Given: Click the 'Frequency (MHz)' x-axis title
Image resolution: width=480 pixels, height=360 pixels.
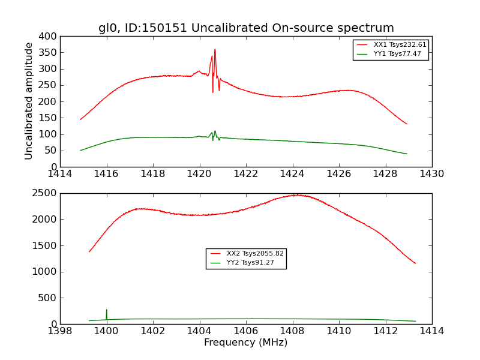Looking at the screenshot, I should pyautogui.click(x=246, y=343).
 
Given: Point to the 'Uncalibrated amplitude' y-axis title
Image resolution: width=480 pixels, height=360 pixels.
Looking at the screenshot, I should pyautogui.click(x=29, y=101).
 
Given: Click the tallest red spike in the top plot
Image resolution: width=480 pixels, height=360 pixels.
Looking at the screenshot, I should pyautogui.click(x=215, y=50).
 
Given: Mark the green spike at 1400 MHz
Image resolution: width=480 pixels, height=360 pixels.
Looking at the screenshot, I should pyautogui.click(x=107, y=311).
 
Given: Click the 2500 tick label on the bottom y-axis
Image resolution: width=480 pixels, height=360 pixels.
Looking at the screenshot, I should pyautogui.click(x=46, y=193).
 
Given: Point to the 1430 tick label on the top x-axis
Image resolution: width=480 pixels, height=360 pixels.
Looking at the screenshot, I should pyautogui.click(x=431, y=173).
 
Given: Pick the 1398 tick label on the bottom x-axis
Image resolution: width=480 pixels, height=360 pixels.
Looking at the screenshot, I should pyautogui.click(x=60, y=331).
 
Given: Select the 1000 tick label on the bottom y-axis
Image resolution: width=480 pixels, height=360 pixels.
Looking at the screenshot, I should pyautogui.click(x=46, y=272).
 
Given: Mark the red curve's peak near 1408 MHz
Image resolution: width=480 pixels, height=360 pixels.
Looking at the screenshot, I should pyautogui.click(x=295, y=195).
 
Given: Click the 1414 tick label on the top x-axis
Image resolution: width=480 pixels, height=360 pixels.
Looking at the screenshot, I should pyautogui.click(x=60, y=173).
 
